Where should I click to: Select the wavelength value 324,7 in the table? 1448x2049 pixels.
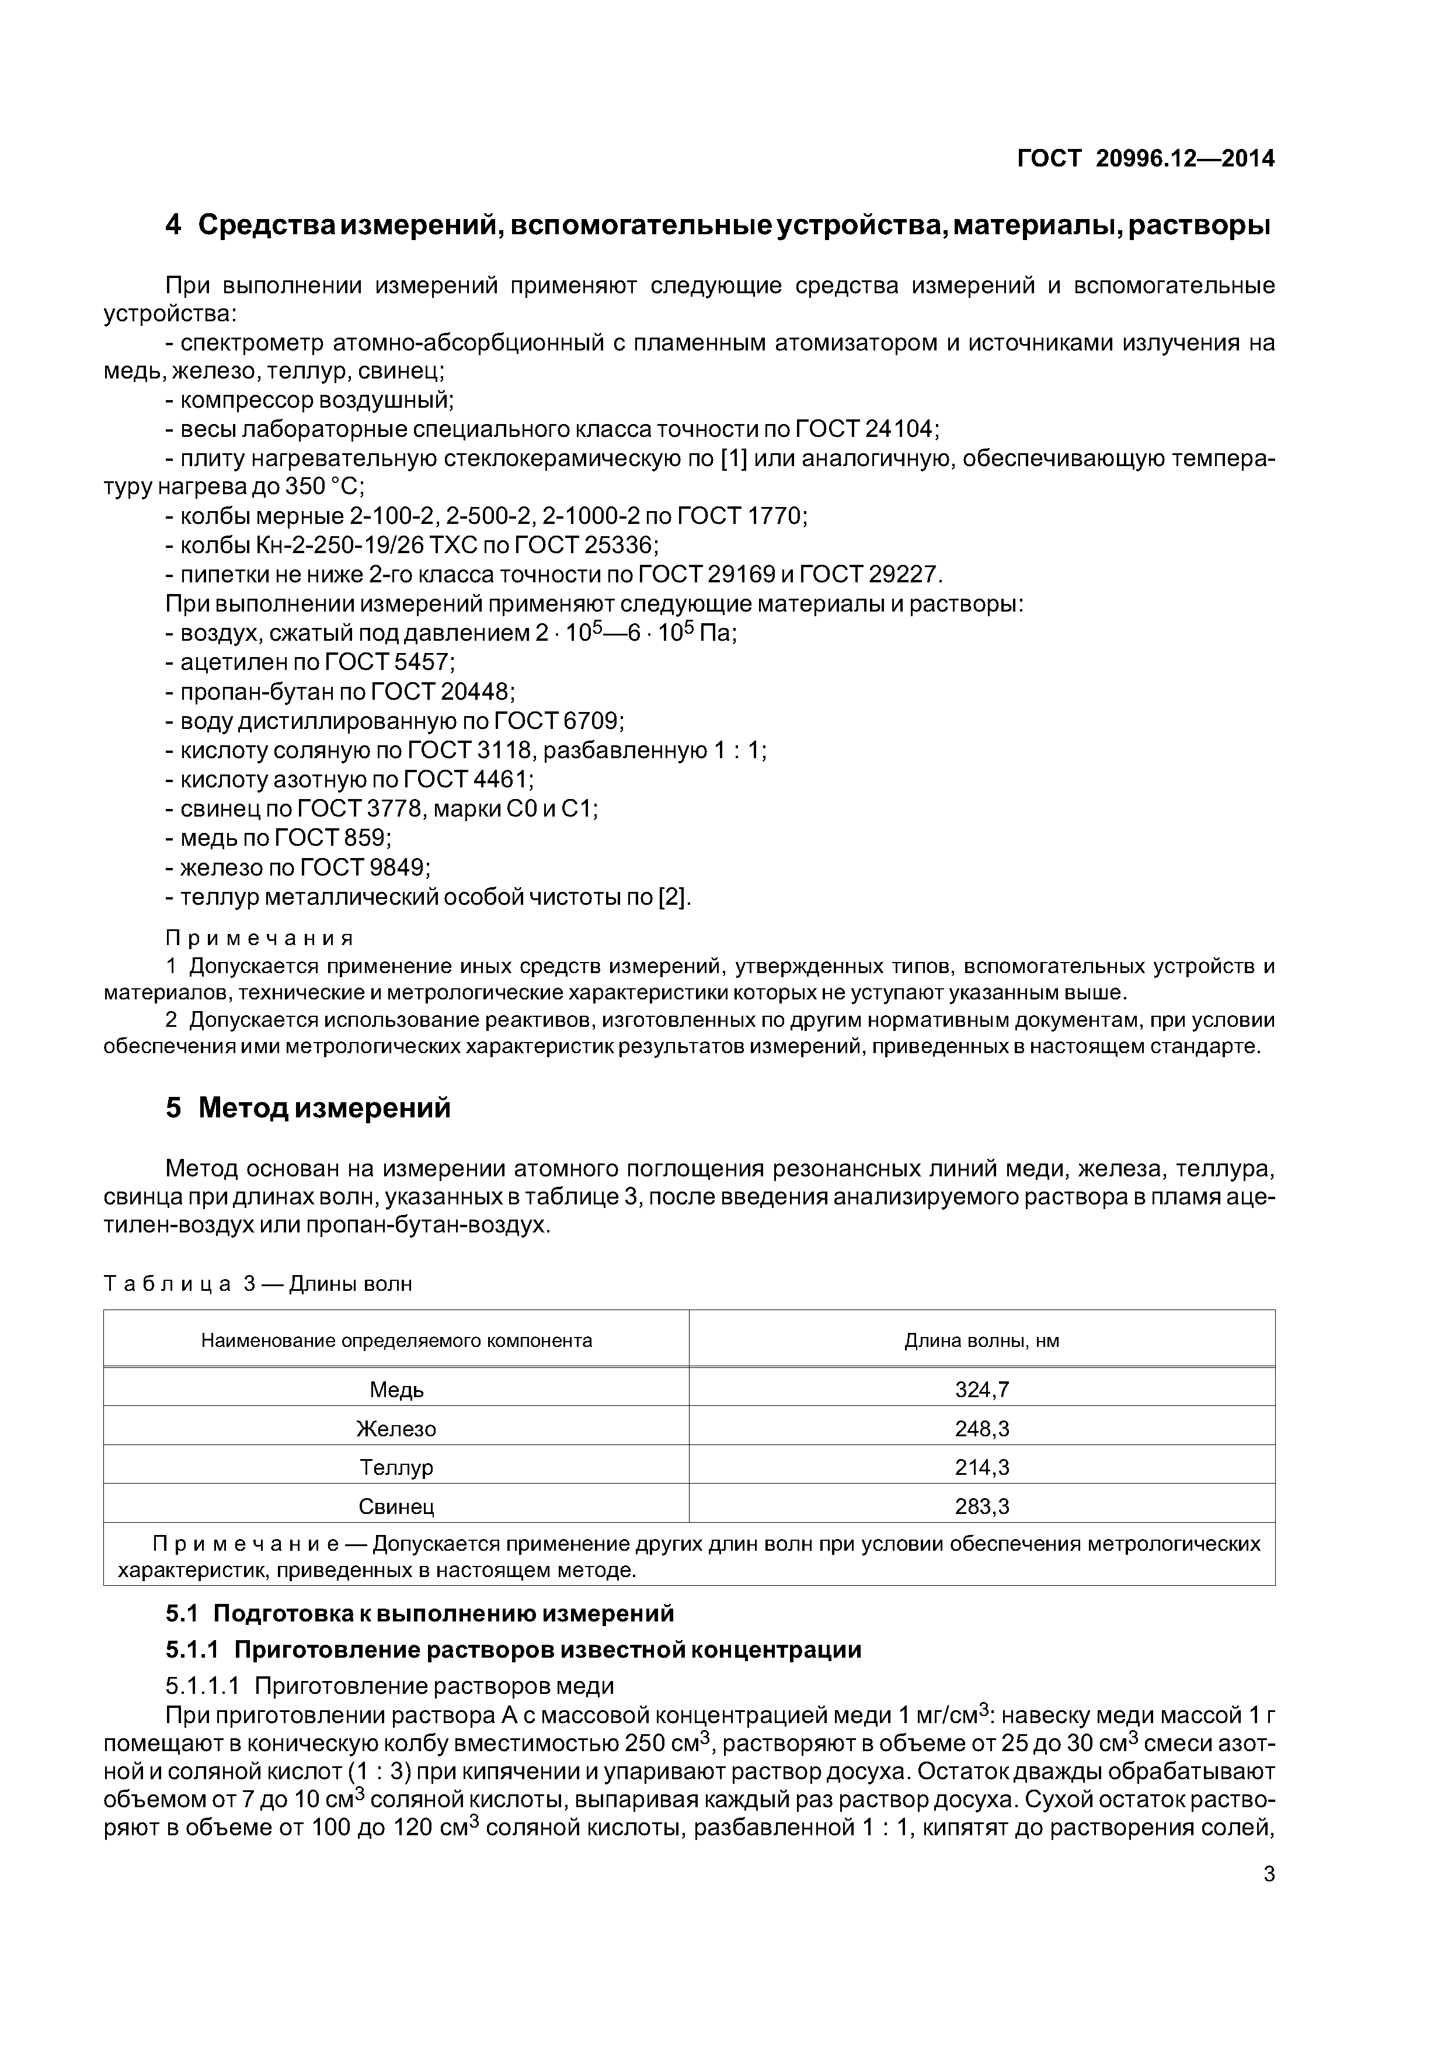[x=981, y=1390]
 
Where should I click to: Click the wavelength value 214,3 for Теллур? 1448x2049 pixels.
[x=981, y=1467]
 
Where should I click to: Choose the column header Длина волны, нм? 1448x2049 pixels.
[x=981, y=1340]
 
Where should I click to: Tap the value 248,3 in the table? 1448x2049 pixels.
[x=981, y=1429]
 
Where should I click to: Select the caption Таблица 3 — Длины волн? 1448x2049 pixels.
[x=258, y=1284]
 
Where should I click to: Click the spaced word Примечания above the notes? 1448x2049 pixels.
[x=260, y=938]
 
